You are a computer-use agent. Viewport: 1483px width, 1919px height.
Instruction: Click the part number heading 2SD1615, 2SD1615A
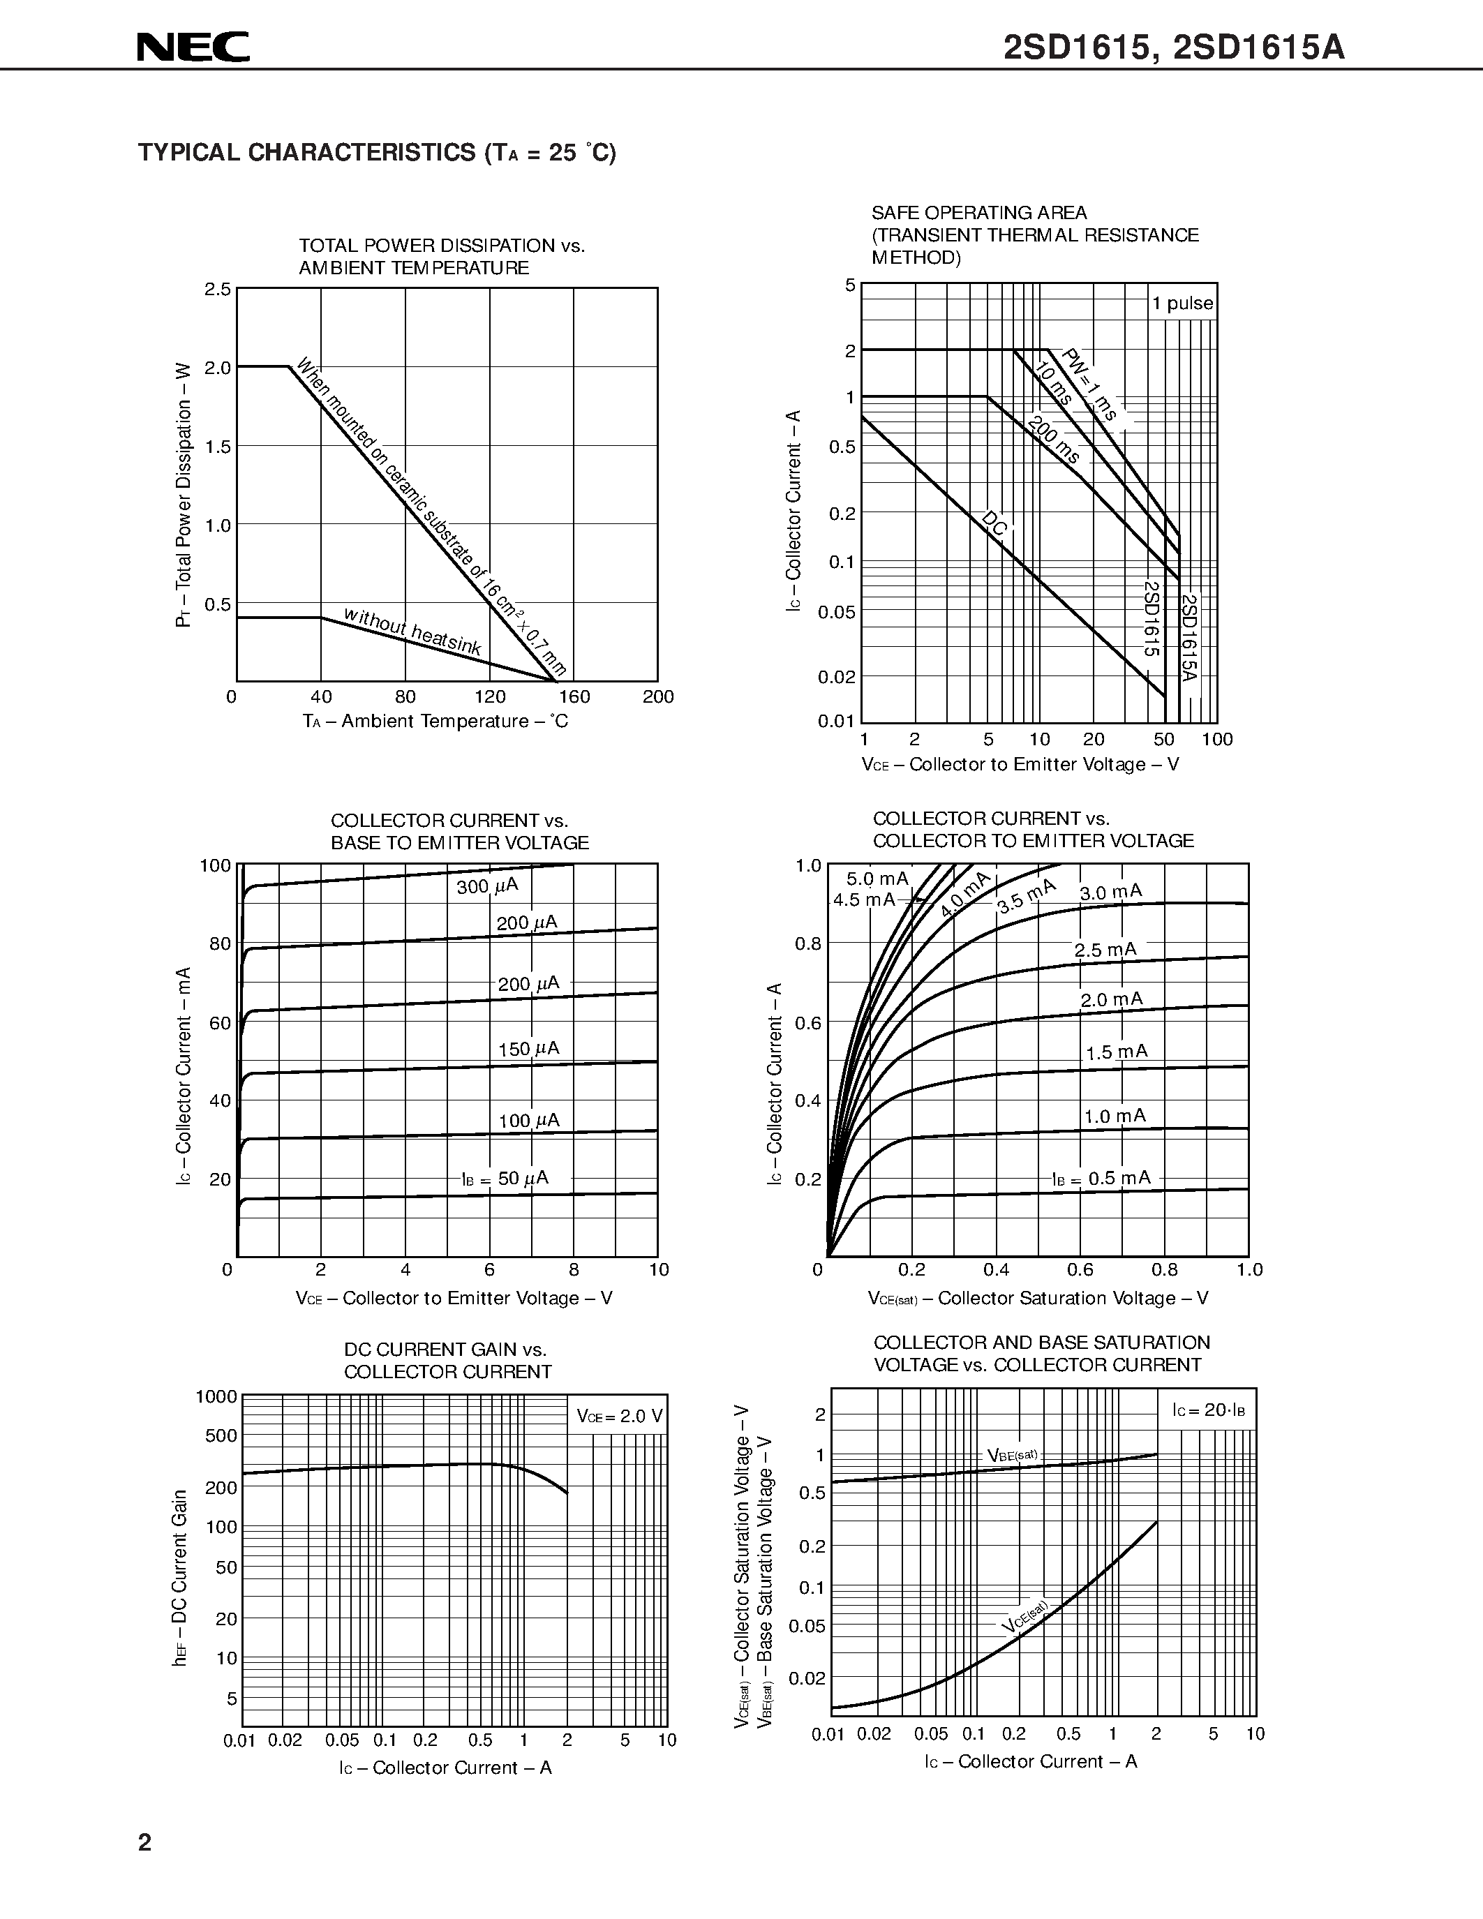[1174, 47]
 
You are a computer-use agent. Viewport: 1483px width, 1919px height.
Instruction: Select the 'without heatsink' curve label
[412, 631]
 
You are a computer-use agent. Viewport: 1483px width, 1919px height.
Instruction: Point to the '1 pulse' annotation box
[1182, 303]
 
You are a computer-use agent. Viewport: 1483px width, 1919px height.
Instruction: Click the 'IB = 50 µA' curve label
[505, 1179]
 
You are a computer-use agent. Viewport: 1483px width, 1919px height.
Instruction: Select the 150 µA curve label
[528, 1048]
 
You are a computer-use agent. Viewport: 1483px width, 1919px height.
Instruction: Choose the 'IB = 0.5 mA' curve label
[1101, 1179]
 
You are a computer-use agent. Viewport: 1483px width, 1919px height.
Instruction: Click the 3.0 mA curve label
[1110, 893]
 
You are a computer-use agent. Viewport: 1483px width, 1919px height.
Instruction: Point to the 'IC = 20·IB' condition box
[1208, 1410]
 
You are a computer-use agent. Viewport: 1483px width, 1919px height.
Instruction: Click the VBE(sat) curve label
[1012, 1455]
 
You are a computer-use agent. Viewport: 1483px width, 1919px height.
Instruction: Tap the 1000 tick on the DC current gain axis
[216, 1396]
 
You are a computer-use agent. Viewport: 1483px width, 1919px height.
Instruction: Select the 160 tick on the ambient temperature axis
[574, 697]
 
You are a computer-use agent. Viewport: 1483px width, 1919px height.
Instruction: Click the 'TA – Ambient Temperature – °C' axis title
[435, 722]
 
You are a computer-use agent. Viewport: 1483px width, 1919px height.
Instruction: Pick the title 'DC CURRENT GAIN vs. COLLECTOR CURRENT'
[447, 1360]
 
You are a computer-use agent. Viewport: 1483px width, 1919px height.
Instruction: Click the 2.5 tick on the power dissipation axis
[218, 289]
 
